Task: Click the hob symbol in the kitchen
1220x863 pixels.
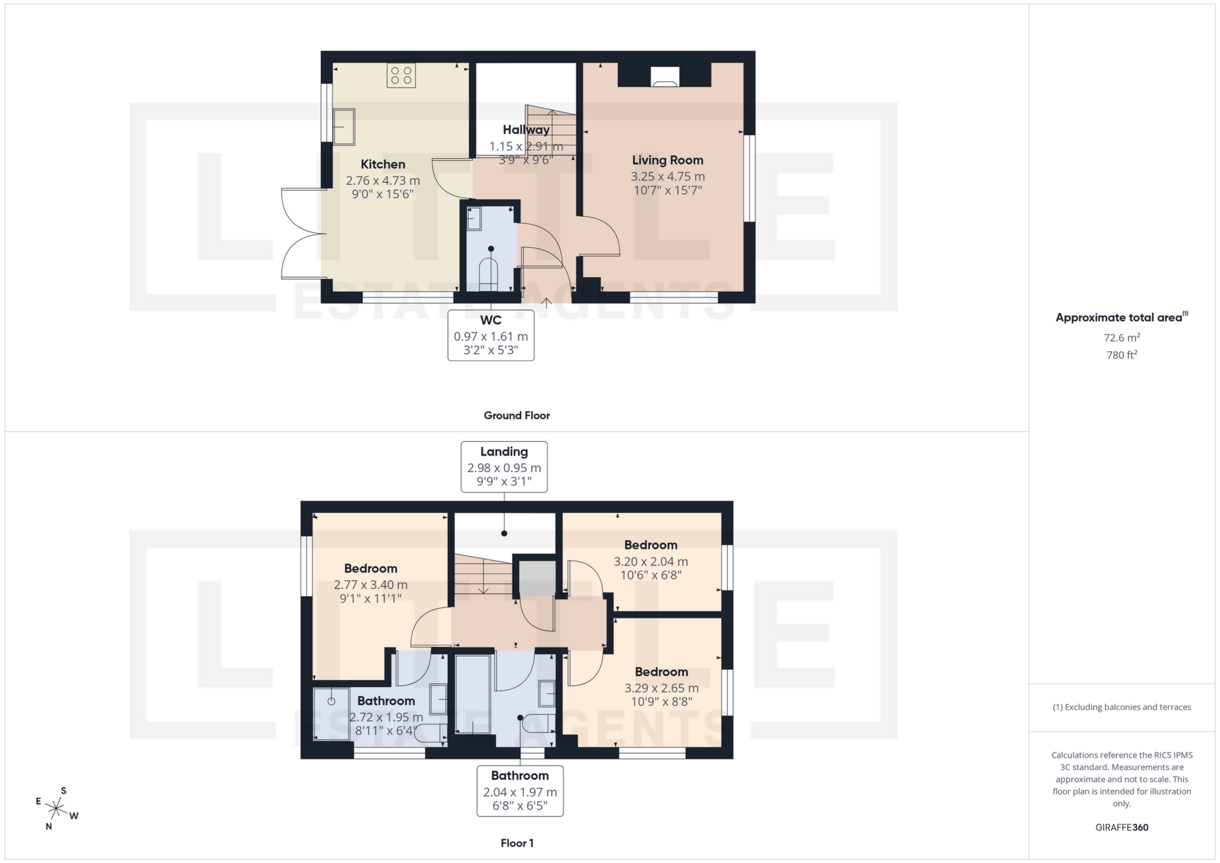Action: (x=401, y=76)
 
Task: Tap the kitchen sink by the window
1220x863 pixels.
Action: (x=344, y=126)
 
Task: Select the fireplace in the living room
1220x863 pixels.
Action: (x=665, y=77)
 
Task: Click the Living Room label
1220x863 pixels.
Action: (x=667, y=160)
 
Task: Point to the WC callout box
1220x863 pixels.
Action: (x=491, y=335)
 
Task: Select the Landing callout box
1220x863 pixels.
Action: (x=504, y=466)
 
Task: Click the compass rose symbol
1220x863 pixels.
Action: (x=57, y=809)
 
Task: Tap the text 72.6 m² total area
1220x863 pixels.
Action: (x=1122, y=338)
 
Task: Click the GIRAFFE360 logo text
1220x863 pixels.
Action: (x=1122, y=827)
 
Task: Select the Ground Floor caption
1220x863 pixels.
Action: (x=517, y=416)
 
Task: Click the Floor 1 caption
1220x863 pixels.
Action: (x=517, y=843)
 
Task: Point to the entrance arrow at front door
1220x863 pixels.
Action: (x=545, y=302)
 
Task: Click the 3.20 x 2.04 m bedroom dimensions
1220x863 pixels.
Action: (x=651, y=562)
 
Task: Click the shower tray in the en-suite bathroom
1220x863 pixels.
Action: (x=332, y=714)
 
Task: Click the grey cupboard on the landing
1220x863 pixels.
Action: (x=538, y=578)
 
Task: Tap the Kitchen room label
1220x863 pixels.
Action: (x=383, y=165)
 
